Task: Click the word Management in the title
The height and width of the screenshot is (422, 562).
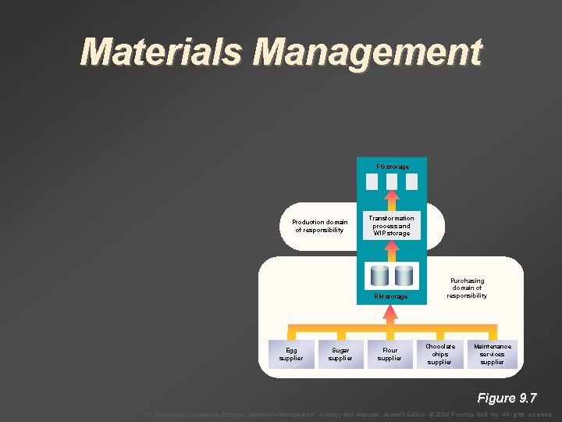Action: pos(368,52)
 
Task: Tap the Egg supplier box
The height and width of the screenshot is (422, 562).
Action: pos(290,354)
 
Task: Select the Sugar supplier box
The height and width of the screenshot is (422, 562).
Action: pos(340,354)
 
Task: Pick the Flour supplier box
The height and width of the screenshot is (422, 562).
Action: pos(390,354)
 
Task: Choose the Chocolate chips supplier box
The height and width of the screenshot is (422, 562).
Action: pos(440,354)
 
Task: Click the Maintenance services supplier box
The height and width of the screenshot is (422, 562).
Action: pos(492,354)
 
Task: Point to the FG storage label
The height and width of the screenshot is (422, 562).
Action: pos(392,166)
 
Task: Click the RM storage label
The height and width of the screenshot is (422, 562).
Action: pos(390,296)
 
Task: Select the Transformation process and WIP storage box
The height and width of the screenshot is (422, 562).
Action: pos(392,225)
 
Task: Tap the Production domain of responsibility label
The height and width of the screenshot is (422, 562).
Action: pos(319,226)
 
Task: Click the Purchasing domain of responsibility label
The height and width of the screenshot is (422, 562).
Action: pos(467,288)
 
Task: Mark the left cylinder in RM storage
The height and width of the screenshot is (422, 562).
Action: pos(380,276)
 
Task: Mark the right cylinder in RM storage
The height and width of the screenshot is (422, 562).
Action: pos(404,276)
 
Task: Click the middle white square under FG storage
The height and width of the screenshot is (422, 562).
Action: pos(392,182)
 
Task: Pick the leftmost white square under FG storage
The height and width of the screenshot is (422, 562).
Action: pos(373,182)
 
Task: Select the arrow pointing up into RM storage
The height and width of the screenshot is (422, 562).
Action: pos(391,313)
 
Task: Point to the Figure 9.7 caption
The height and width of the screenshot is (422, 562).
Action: pos(507,398)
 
